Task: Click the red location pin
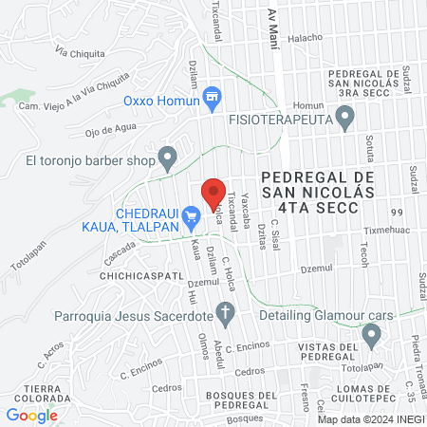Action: [x=213, y=194]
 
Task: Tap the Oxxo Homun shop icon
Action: [x=213, y=97]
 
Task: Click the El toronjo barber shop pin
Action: [x=169, y=158]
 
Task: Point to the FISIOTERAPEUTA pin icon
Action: [x=345, y=119]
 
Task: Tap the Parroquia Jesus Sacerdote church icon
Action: [x=226, y=311]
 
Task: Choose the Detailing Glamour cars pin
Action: [x=371, y=334]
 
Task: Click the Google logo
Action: [x=31, y=415]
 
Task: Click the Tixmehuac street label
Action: [x=389, y=230]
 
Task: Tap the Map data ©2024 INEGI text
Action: [x=369, y=419]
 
